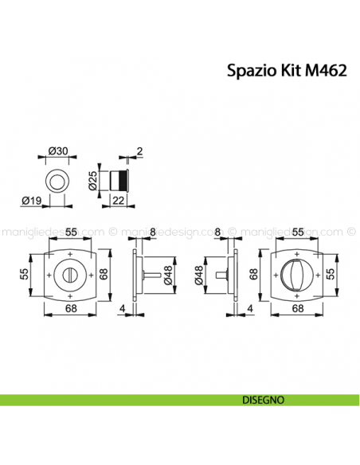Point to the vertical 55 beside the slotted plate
[x=23, y=275]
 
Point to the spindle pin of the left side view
[x=150, y=275]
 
